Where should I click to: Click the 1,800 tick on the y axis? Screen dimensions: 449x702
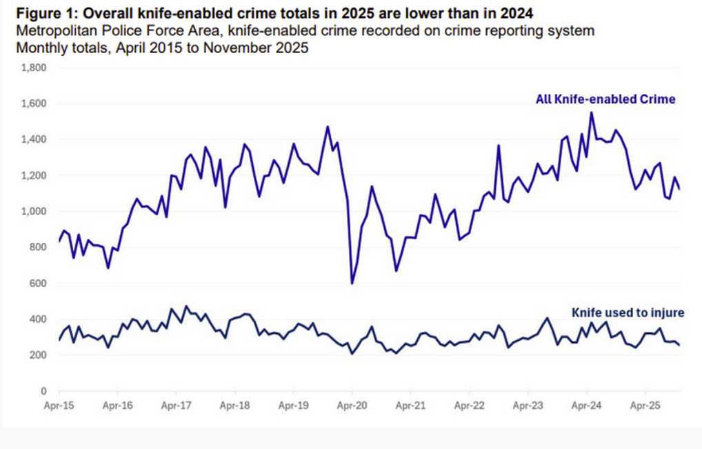coord(33,68)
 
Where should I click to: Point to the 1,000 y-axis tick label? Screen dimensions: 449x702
coord(33,212)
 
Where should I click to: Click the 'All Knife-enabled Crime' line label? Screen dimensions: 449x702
coord(605,99)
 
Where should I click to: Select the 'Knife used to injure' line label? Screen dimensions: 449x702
coord(628,312)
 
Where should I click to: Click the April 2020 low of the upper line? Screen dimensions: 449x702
coord(352,283)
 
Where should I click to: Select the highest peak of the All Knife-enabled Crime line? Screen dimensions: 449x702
coord(591,112)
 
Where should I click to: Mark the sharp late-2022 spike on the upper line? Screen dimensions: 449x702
coord(498,146)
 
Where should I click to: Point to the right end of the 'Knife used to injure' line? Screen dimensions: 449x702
coord(679,345)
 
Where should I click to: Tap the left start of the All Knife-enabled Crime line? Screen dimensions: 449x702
coord(59,241)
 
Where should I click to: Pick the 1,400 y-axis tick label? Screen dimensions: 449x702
coord(33,139)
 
